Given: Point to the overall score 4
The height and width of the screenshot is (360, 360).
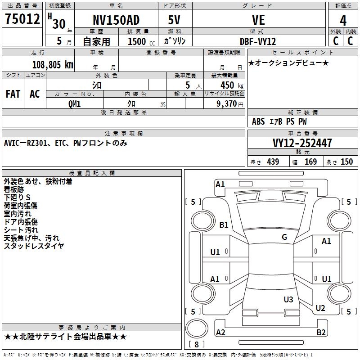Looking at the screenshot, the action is pyautogui.click(x=343, y=20).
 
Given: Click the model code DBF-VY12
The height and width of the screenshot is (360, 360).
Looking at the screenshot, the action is pyautogui.click(x=258, y=40).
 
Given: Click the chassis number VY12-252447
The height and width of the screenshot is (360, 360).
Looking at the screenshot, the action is pyautogui.click(x=302, y=143).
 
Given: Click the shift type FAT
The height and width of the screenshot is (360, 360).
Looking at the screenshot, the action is pyautogui.click(x=13, y=94).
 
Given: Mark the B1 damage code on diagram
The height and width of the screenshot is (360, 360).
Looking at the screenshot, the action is pyautogui.click(x=224, y=225).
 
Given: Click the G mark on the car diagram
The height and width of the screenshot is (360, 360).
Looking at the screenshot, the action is pyautogui.click(x=284, y=237).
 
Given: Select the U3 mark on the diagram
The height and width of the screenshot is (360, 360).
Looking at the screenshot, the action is pyautogui.click(x=288, y=299).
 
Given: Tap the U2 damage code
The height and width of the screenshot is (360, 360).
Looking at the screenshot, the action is pyautogui.click(x=320, y=308).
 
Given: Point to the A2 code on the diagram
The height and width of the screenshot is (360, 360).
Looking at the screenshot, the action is pyautogui.click(x=220, y=333).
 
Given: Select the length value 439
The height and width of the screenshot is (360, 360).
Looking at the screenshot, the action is pyautogui.click(x=273, y=162).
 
